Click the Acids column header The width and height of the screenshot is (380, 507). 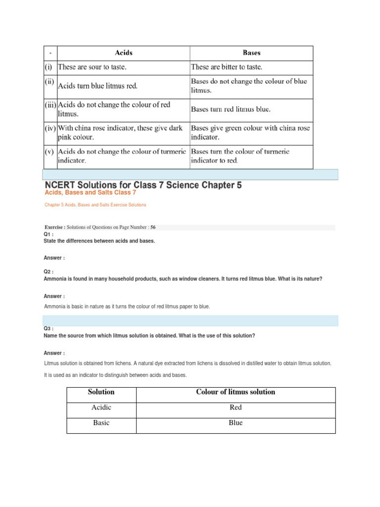coord(123,53)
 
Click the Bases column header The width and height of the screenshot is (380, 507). coord(251,53)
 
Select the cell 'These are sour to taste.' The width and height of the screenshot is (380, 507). coord(96,66)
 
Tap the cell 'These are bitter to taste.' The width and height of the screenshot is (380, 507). coord(227,66)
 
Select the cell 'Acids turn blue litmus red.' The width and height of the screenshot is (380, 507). coord(98,86)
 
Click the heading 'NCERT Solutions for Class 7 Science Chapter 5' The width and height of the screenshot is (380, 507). coord(143,185)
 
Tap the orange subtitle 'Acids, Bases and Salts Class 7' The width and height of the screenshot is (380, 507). coord(90,193)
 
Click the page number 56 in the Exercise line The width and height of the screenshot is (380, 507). coord(153,227)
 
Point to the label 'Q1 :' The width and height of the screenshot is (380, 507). coord(48,234)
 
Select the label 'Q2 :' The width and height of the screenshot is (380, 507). coord(48,272)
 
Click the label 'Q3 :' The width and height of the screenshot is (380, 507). coord(48,328)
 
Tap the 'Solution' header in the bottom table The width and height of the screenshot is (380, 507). coord(101,392)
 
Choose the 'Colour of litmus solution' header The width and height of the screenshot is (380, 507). coord(236,392)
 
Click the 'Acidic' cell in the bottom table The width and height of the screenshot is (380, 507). coord(101,407)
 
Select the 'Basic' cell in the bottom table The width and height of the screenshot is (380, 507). coord(101,423)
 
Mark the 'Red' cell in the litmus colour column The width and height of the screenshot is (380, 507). coord(236,407)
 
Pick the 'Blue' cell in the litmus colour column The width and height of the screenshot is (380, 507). coord(236,423)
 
